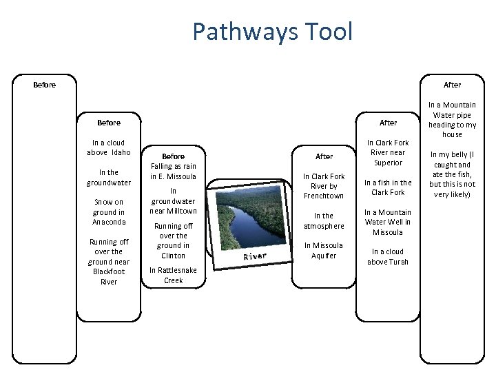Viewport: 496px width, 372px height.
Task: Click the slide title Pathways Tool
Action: [x=272, y=32]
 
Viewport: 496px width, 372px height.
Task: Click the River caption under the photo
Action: [x=254, y=256]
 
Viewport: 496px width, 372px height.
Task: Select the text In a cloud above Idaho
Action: [x=109, y=147]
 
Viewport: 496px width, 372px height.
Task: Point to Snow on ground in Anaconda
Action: [x=109, y=212]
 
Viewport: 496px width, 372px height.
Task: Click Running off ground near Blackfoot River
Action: [x=109, y=262]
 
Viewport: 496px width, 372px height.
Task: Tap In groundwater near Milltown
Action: [x=174, y=201]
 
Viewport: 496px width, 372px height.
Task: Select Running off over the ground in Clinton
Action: [x=174, y=240]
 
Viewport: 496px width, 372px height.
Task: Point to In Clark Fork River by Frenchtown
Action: [x=324, y=186]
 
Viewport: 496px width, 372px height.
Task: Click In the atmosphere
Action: [x=324, y=220]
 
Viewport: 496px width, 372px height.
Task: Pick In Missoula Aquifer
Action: [x=324, y=250]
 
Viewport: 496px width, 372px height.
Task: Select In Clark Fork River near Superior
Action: [x=388, y=153]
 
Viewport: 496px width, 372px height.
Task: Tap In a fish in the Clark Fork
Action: [x=388, y=187]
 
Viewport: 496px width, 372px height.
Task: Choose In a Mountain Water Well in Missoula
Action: [x=388, y=222]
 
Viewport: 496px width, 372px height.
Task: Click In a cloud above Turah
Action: [x=388, y=256]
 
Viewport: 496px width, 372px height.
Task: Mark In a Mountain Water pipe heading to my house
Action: [x=452, y=120]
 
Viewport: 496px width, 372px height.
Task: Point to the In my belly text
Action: [x=452, y=175]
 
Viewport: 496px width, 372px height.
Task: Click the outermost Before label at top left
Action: [x=45, y=85]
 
